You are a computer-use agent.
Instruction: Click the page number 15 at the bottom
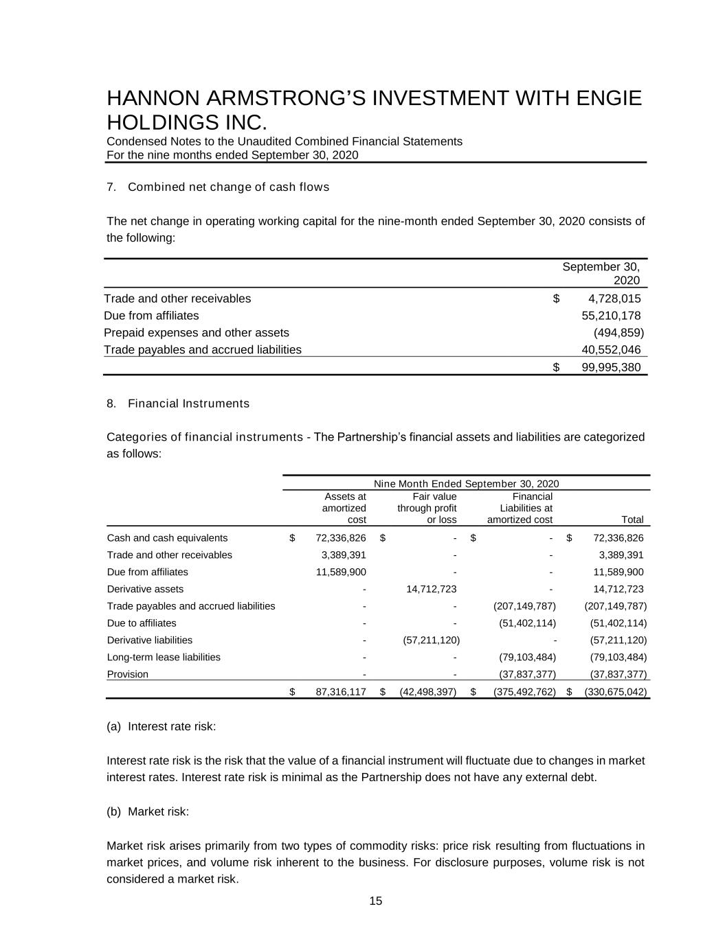[375, 901]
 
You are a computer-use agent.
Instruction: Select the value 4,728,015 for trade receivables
[614, 299]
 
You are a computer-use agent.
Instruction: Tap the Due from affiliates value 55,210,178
[611, 316]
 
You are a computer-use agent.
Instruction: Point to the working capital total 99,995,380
[611, 367]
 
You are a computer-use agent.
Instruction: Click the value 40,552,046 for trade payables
[611, 349]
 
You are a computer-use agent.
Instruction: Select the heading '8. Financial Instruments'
[178, 404]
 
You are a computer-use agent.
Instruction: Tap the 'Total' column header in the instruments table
[632, 520]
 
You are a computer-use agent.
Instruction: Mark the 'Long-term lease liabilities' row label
[164, 657]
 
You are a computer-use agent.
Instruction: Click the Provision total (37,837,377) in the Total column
[616, 674]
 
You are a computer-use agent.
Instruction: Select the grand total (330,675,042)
[615, 692]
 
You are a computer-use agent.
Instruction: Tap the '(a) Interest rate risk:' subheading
[161, 726]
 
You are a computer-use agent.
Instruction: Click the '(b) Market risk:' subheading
[148, 811]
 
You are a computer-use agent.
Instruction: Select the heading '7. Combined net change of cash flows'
[218, 187]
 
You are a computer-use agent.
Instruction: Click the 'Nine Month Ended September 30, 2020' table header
[466, 483]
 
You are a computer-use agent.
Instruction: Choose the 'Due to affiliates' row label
[142, 623]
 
